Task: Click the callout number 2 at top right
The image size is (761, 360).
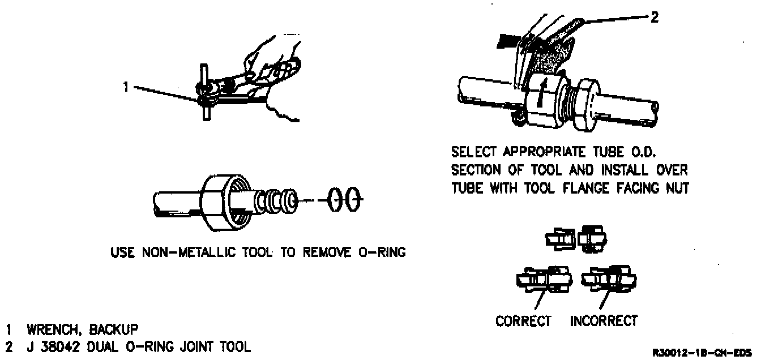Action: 654,18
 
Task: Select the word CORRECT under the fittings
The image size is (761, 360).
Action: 523,321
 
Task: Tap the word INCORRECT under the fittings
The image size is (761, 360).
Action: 604,321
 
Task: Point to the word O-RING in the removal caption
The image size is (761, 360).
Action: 384,252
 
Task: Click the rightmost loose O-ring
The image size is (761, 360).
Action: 354,199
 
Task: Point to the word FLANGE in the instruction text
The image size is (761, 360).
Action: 604,188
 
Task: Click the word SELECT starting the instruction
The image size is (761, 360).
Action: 473,153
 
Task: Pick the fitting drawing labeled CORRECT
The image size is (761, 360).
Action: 542,280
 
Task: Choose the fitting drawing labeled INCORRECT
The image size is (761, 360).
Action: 612,280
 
